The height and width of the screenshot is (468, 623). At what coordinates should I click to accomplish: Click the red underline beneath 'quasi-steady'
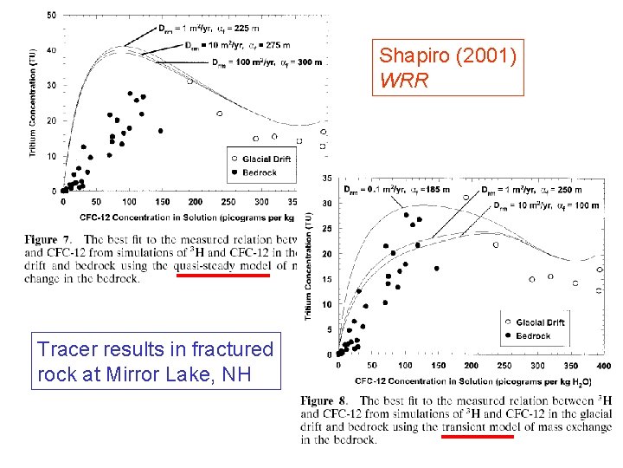tap(222, 276)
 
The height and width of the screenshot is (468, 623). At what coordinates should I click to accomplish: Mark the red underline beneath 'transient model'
tap(477, 437)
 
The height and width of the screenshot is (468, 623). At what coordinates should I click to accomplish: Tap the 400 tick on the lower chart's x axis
tap(602, 365)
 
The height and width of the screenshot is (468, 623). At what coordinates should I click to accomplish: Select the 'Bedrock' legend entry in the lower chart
tap(532, 335)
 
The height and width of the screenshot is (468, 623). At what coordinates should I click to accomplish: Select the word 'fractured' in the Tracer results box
tap(232, 350)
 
